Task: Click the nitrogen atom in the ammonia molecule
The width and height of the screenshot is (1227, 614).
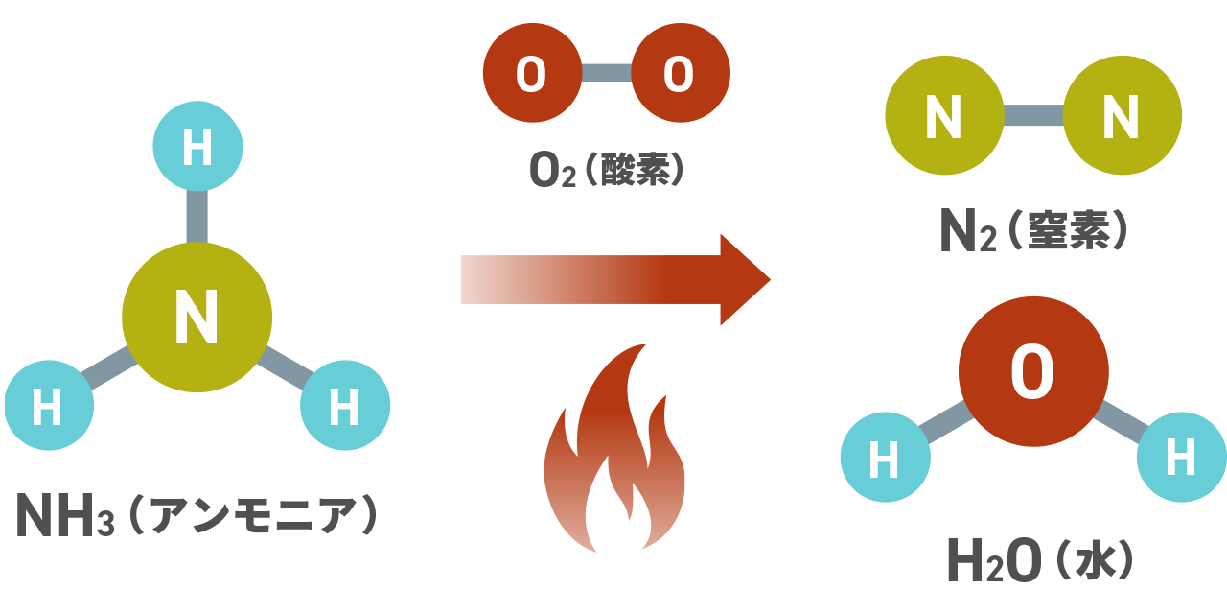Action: (x=197, y=317)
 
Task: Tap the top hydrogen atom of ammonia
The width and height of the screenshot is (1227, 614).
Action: (x=198, y=150)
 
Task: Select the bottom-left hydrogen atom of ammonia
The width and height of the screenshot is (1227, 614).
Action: (x=49, y=406)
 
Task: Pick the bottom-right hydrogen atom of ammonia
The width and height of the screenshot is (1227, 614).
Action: (x=345, y=406)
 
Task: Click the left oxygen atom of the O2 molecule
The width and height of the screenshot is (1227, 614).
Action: (x=532, y=73)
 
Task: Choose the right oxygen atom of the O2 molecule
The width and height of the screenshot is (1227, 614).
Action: (x=681, y=73)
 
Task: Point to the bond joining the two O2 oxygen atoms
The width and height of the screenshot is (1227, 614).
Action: (x=606, y=73)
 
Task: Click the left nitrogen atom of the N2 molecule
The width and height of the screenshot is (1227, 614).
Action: (x=943, y=116)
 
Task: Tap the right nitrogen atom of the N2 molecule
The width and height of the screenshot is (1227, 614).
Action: (x=1123, y=116)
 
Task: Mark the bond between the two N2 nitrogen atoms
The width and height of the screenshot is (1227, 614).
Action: (x=1033, y=116)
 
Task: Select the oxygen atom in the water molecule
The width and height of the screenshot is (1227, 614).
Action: (x=1033, y=372)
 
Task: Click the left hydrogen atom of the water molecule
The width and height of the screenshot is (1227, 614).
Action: (x=885, y=458)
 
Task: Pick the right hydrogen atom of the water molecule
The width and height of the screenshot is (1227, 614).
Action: (x=1181, y=457)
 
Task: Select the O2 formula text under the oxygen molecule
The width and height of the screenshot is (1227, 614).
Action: (x=552, y=170)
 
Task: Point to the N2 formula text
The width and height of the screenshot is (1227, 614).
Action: (x=969, y=232)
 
